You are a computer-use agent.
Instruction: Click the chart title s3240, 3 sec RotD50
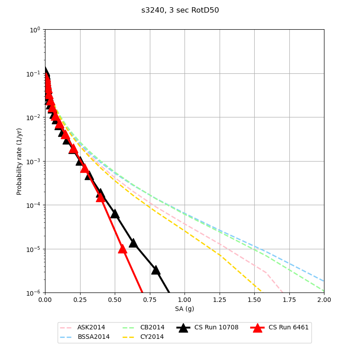(180, 10)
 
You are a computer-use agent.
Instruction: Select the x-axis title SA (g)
(184, 309)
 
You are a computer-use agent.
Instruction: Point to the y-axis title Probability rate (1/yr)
(19, 161)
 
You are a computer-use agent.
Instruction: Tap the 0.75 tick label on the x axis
(149, 300)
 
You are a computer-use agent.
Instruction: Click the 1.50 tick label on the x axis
(254, 300)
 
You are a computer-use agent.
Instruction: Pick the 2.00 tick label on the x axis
(324, 300)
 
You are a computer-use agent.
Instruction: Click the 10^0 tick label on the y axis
(35, 30)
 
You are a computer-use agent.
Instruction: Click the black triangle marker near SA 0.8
(156, 270)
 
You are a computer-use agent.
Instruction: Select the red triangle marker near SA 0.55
(122, 249)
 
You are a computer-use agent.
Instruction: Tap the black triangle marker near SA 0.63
(133, 243)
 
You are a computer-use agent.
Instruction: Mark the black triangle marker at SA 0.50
(115, 214)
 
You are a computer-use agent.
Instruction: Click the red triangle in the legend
(257, 328)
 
